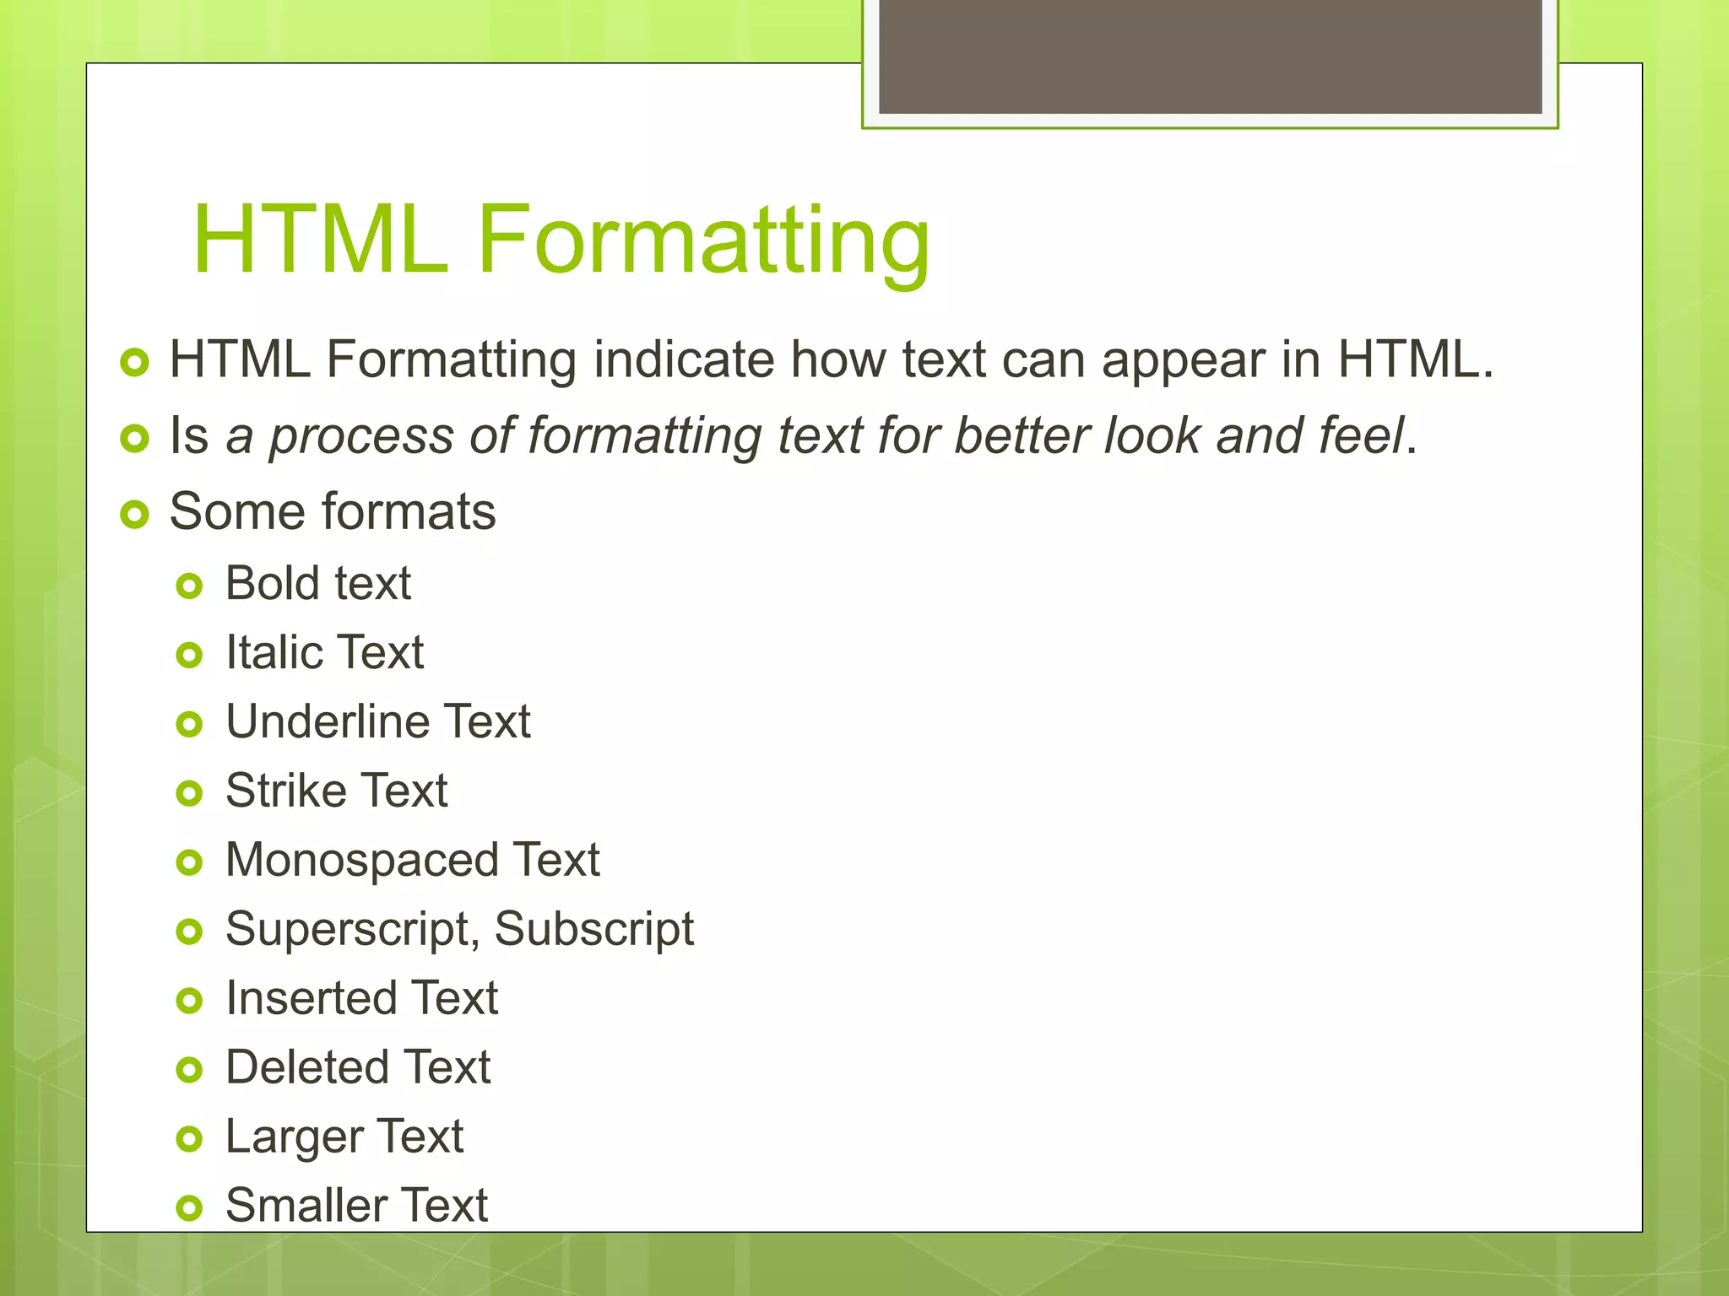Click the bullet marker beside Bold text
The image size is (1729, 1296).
click(x=190, y=586)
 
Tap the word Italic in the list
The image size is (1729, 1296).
click(x=270, y=652)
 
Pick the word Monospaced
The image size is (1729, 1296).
click(x=361, y=861)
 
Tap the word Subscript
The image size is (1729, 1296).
click(x=594, y=930)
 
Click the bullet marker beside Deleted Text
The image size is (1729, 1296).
click(x=190, y=1070)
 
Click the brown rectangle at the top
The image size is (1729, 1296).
click(x=1211, y=56)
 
